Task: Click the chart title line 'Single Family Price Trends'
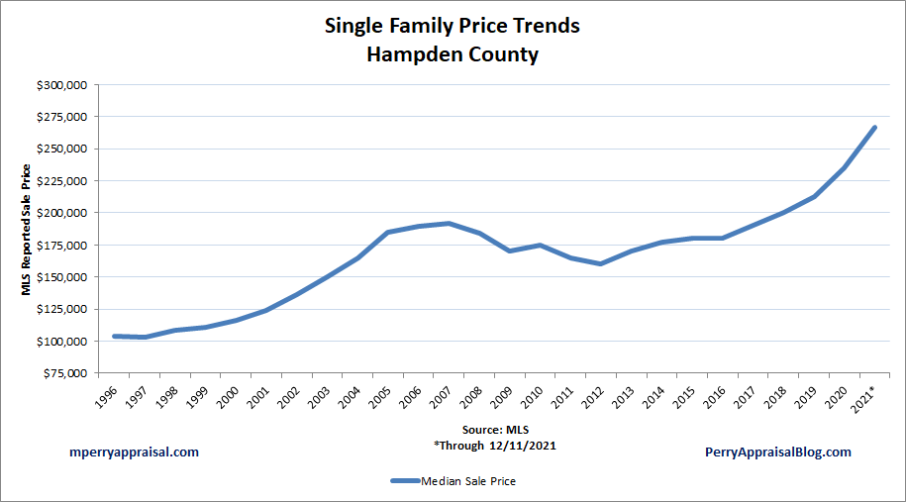point(453,26)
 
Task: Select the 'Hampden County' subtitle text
point(453,54)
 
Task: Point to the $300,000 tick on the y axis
point(62,85)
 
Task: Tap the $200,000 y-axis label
point(62,213)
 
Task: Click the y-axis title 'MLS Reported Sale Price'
point(27,229)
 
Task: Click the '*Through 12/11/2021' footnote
point(494,446)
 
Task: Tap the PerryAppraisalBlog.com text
point(778,452)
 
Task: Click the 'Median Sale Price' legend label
point(468,481)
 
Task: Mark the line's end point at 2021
point(874,128)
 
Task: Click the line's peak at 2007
point(449,223)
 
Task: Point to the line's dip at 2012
point(601,263)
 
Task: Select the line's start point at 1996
point(115,337)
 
